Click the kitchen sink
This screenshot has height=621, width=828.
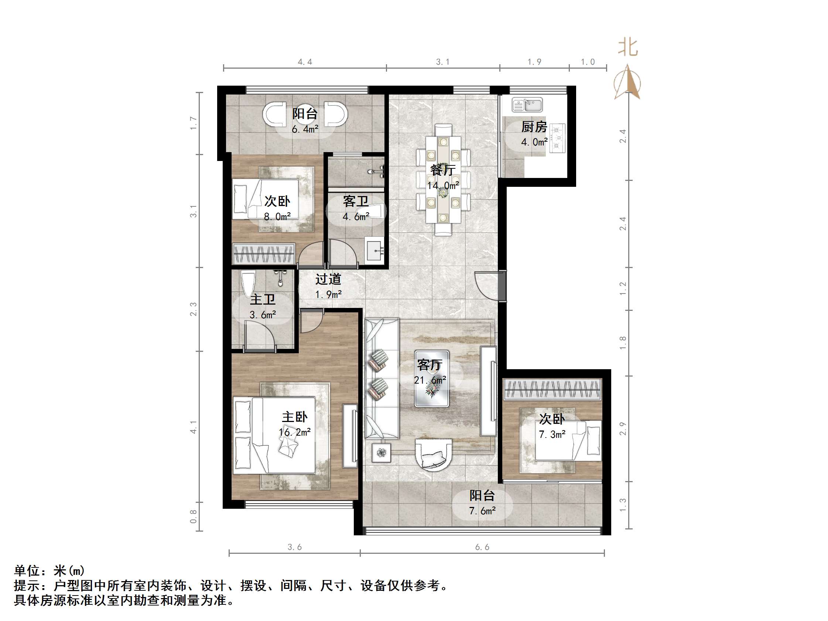click(x=527, y=105)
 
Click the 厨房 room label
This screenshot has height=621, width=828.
click(x=534, y=127)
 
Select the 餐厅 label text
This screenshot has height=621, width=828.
click(x=443, y=170)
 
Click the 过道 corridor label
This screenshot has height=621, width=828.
click(x=328, y=279)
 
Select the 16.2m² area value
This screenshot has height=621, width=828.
click(x=295, y=432)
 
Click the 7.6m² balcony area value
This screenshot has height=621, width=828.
click(x=482, y=511)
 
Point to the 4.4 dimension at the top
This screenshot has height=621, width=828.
click(x=305, y=62)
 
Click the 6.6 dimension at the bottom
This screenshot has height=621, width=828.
click(x=482, y=547)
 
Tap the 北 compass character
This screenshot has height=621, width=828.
click(x=628, y=48)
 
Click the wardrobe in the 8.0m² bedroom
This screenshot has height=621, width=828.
click(x=264, y=253)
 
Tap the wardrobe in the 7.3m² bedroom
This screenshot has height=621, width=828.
click(x=552, y=389)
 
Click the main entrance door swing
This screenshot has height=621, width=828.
click(x=487, y=285)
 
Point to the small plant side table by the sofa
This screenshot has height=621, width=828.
click(x=382, y=453)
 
